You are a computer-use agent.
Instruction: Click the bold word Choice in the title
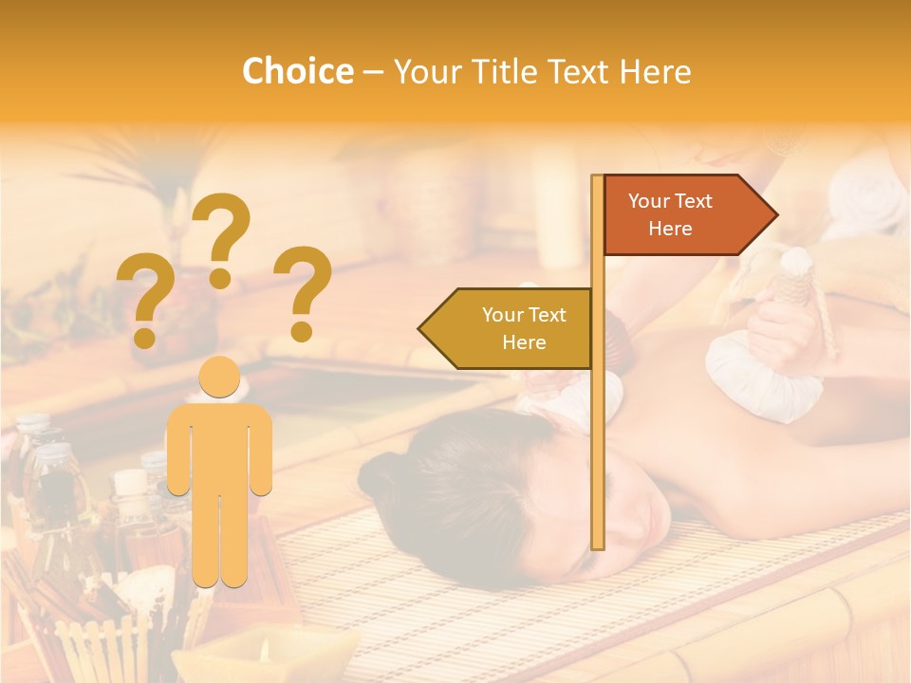(x=297, y=72)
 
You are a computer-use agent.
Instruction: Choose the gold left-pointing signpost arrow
(x=508, y=328)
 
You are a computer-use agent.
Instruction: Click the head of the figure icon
(x=219, y=378)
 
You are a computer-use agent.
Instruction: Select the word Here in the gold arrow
(x=524, y=342)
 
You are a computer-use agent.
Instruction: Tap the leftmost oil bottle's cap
(x=32, y=422)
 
